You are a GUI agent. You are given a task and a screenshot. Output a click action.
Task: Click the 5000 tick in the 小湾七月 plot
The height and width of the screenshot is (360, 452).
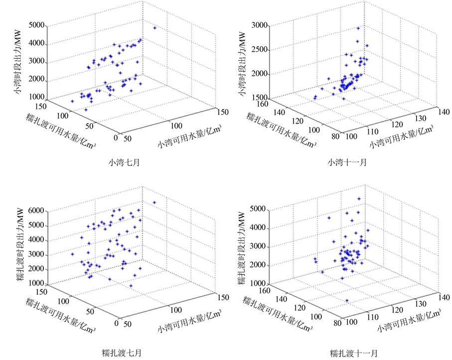(x=37, y=25)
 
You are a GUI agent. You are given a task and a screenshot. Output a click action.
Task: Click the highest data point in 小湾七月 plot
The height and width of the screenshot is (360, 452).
(x=155, y=28)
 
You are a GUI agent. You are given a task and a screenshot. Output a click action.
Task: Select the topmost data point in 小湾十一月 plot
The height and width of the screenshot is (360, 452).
(x=358, y=28)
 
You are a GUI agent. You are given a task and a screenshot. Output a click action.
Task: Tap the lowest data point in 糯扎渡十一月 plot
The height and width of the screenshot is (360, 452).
(x=347, y=300)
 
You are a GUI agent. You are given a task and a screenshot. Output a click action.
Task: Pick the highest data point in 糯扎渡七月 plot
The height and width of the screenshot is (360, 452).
(x=154, y=202)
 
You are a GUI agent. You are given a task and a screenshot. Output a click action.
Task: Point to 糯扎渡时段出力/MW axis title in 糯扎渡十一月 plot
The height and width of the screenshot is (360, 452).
(x=241, y=246)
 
